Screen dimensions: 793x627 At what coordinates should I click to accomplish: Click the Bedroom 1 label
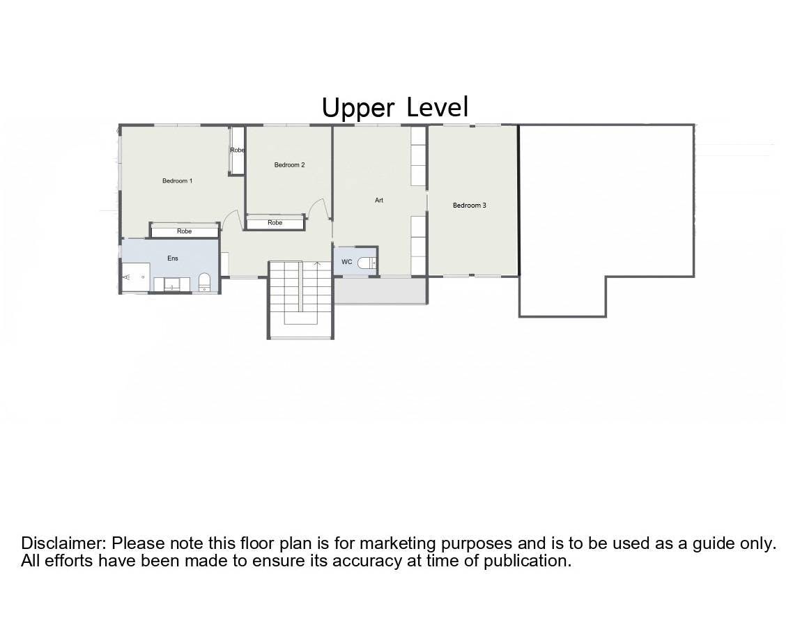pos(177,180)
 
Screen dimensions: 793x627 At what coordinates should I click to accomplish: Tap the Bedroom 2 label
pos(289,165)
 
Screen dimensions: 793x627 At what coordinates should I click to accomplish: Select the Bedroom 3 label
pos(470,206)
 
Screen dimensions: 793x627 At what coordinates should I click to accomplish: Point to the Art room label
pos(379,200)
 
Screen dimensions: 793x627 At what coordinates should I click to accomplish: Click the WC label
pos(346,262)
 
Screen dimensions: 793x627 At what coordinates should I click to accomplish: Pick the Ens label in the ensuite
pos(172,258)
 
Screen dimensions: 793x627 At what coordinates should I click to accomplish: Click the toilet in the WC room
pos(367,263)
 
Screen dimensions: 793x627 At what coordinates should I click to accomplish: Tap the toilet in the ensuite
pos(204,281)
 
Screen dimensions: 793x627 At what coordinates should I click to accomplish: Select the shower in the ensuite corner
pos(137,277)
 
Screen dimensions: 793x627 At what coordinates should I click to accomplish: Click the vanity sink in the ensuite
pos(172,284)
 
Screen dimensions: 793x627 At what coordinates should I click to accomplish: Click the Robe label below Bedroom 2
pos(275,222)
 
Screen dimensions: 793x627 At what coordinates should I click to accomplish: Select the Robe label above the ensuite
pos(184,231)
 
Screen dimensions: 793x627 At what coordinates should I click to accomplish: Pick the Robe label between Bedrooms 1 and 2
pos(237,150)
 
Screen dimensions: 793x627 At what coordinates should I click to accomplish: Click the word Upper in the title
pos(358,108)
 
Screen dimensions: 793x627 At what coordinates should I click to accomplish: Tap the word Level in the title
pos(438,107)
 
